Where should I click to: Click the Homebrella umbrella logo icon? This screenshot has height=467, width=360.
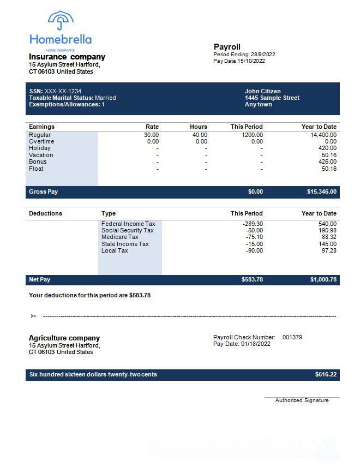tap(61, 21)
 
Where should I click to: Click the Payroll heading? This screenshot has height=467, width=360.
tap(227, 47)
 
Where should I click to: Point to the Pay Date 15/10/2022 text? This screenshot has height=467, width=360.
tap(239, 61)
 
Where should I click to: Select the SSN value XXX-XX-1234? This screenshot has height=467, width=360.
tap(63, 91)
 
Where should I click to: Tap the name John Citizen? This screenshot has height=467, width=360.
tap(263, 91)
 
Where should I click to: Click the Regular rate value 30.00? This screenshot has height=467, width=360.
tap(151, 135)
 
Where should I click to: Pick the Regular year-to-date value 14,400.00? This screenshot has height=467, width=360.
tap(323, 135)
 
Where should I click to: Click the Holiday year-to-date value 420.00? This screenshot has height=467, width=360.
tap(328, 148)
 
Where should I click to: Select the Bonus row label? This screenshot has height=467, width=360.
tap(38, 161)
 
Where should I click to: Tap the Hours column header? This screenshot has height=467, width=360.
tap(199, 127)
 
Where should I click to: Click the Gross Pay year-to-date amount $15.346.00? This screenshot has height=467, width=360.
tap(322, 192)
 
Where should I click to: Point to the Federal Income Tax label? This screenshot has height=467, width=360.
tap(128, 224)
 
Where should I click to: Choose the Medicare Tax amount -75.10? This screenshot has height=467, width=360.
tap(254, 237)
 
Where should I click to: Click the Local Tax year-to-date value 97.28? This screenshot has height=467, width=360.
tap(329, 250)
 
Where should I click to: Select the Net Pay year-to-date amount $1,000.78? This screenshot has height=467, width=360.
tap(323, 280)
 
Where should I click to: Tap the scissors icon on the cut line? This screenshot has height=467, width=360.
tap(33, 316)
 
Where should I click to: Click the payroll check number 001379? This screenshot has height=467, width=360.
tap(292, 337)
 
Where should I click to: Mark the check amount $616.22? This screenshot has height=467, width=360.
tap(326, 375)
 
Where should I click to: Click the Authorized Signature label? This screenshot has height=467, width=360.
tap(302, 400)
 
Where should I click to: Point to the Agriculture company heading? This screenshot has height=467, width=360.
tap(64, 338)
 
